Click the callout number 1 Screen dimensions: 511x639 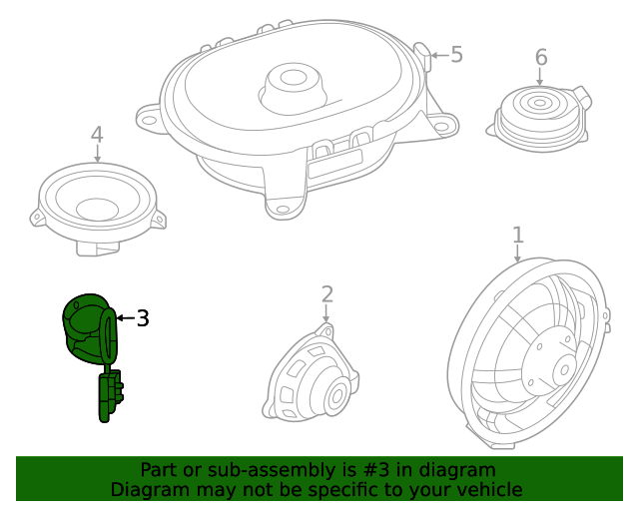517,236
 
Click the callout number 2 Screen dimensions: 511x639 326,293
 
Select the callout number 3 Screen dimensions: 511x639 143,318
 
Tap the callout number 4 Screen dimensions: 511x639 97,135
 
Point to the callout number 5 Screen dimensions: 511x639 456,55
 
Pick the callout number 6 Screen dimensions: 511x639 540,58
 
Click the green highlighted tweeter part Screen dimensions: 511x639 88,327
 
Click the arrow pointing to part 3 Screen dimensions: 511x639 124,318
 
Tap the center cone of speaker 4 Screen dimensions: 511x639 98,209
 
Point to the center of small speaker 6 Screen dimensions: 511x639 539,102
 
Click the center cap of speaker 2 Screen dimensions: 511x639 334,395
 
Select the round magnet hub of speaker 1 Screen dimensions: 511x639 550,357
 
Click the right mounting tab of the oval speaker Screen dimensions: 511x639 443,125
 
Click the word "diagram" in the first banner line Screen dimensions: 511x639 460,470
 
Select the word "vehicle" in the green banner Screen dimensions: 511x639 488,490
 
